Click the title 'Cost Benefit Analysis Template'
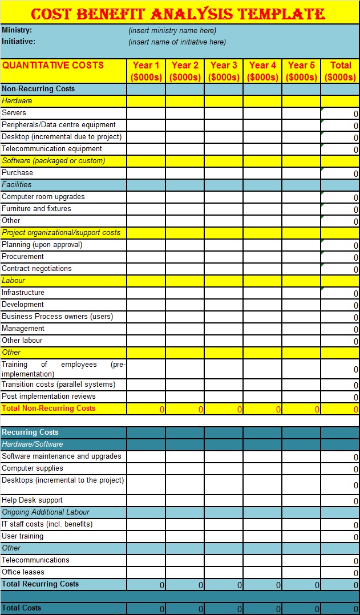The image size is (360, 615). point(178,14)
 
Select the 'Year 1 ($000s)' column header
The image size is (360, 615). point(146,71)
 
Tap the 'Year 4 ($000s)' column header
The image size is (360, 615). point(262,71)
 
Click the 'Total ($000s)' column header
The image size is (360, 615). point(340,71)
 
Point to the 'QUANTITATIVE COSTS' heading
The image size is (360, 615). point(53,65)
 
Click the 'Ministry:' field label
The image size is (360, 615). point(17,30)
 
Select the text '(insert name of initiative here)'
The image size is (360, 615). point(177,42)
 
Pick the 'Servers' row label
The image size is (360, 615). point(14,113)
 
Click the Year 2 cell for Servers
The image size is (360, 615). point(185,113)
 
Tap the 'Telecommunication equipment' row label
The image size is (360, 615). point(52,149)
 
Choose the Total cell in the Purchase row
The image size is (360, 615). point(340,173)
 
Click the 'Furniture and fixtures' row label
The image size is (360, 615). point(37,209)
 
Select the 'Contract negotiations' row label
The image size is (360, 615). point(37,269)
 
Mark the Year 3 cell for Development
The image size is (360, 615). point(224,305)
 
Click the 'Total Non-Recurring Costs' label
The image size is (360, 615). point(48,408)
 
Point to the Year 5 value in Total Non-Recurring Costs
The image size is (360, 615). point(301,409)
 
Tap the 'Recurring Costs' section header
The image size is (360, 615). point(30,432)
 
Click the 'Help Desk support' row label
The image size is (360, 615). point(33,500)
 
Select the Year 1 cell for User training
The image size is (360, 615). point(146,536)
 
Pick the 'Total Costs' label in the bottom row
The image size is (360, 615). point(22,608)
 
